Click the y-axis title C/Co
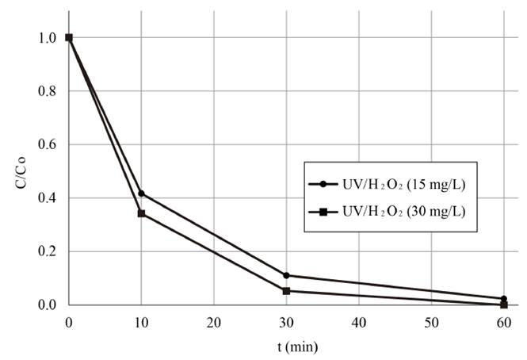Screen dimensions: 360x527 [18, 170]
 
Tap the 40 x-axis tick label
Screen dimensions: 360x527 [359, 323]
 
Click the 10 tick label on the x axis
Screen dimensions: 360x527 [141, 323]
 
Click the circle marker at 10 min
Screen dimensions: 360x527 [141, 193]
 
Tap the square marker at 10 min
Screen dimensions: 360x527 [141, 213]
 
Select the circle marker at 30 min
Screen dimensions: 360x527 [286, 275]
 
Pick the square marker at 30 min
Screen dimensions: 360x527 [286, 291]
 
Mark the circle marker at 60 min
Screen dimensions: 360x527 [504, 299]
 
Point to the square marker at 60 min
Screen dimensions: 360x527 [504, 304]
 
